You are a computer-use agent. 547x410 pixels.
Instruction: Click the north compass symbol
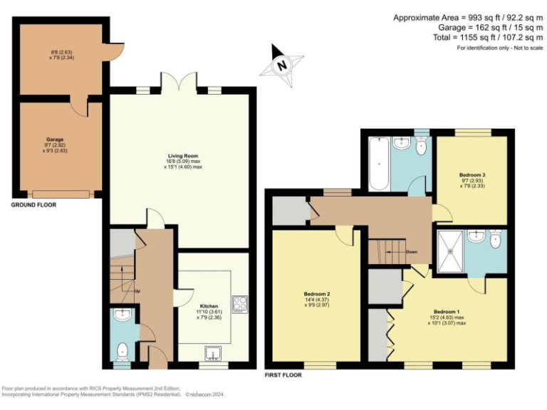pos(282,65)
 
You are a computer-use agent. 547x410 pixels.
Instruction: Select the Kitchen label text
pos(209,305)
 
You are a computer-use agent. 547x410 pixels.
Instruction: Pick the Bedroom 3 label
pos(472,174)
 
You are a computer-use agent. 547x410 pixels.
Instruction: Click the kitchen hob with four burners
pos(239,303)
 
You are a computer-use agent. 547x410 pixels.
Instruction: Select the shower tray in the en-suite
pos(450,251)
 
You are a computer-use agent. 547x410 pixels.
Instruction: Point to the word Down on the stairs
pos(412,252)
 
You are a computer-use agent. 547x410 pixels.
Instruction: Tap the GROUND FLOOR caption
pos(33,204)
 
